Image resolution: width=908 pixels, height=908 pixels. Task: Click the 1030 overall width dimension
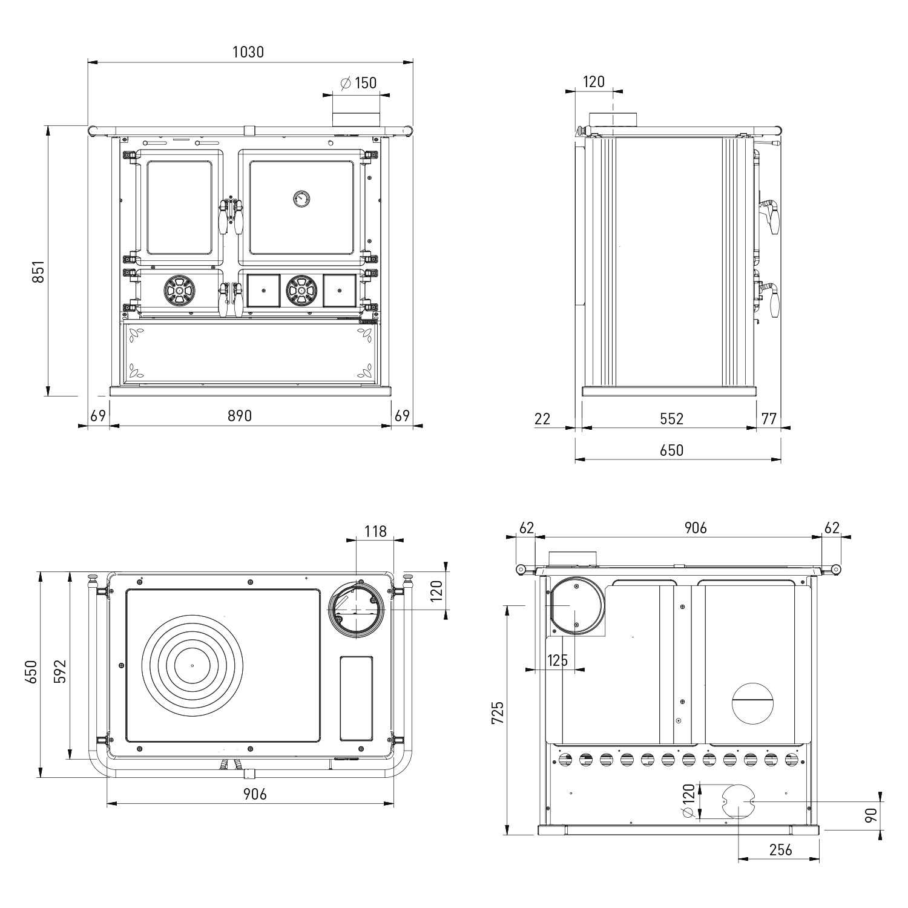(x=248, y=52)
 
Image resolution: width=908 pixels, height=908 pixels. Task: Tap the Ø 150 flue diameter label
(x=358, y=83)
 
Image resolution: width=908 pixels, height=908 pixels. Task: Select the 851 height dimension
(x=38, y=274)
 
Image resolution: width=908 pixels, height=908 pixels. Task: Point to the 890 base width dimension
(x=240, y=416)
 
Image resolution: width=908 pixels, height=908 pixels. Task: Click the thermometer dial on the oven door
(x=301, y=198)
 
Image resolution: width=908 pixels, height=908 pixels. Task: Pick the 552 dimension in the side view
(x=671, y=418)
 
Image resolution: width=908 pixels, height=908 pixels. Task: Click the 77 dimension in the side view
(x=768, y=418)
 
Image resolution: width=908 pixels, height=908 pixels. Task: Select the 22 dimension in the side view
(x=543, y=418)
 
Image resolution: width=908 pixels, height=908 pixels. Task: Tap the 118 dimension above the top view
(x=375, y=531)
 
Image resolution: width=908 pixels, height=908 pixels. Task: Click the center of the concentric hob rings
(x=192, y=665)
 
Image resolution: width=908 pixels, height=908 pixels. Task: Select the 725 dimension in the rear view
(x=497, y=712)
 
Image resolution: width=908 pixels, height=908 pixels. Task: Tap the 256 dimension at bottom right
(x=781, y=850)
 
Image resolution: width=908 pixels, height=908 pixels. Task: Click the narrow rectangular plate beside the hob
(x=356, y=698)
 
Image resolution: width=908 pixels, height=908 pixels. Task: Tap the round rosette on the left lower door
(x=179, y=291)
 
